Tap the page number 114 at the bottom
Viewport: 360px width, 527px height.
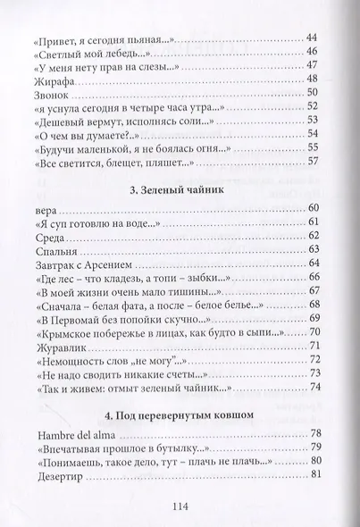click(x=179, y=505)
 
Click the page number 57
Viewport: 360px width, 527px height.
click(x=312, y=162)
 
